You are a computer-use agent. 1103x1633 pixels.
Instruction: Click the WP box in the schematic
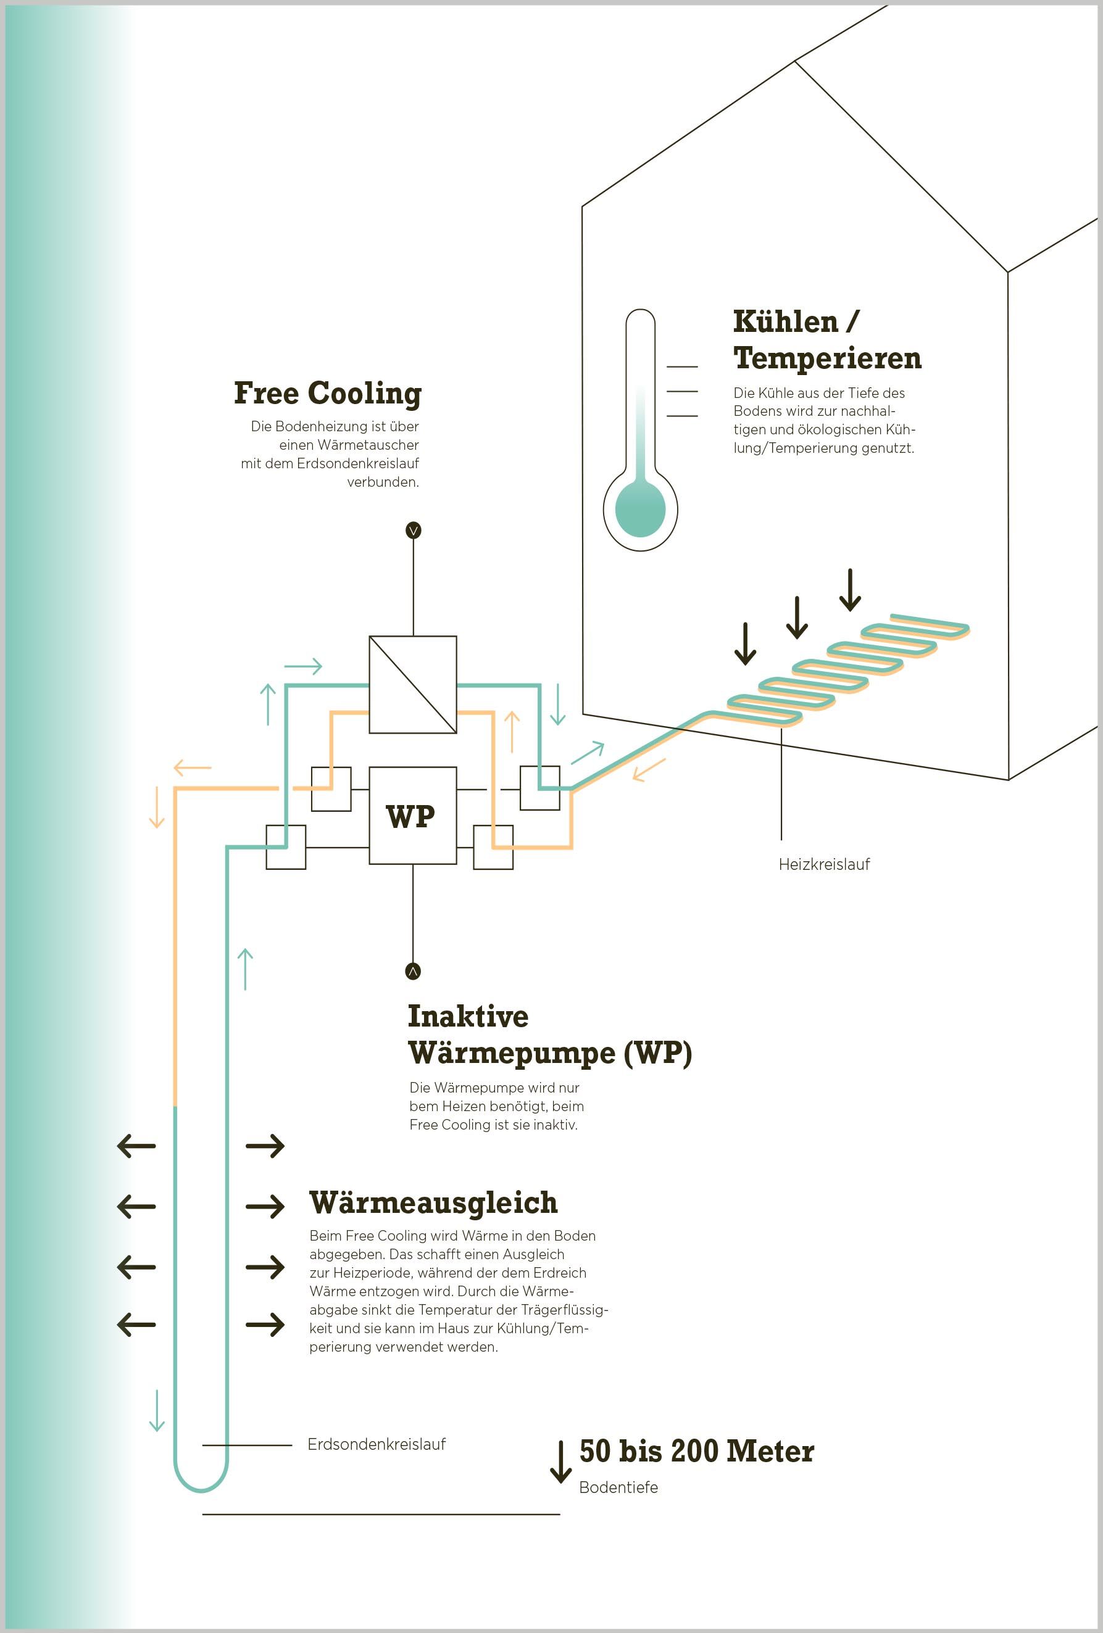point(413,815)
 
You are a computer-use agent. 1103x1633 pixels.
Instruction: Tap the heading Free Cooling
point(328,393)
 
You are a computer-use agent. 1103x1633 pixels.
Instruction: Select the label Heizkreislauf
point(824,864)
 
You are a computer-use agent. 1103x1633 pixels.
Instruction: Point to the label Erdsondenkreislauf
point(376,1444)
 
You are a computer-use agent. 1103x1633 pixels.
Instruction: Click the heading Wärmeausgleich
point(433,1203)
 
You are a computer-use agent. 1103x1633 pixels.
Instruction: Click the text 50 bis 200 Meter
point(696,1451)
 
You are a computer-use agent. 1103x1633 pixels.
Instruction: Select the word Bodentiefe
point(618,1487)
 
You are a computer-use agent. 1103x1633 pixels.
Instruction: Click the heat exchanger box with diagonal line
point(413,684)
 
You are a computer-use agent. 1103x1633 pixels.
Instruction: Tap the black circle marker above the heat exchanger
point(414,531)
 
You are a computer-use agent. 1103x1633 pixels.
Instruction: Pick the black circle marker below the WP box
point(413,971)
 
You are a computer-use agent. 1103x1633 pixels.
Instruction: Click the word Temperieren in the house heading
point(828,358)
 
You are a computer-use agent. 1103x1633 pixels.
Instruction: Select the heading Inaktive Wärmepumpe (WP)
point(549,1035)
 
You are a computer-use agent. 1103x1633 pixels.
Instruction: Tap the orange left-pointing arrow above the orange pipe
point(192,768)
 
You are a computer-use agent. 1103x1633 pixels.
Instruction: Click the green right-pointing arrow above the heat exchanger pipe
point(303,666)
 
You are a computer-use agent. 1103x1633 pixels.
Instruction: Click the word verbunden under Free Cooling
point(383,482)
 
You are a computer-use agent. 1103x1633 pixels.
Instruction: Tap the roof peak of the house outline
point(794,62)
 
